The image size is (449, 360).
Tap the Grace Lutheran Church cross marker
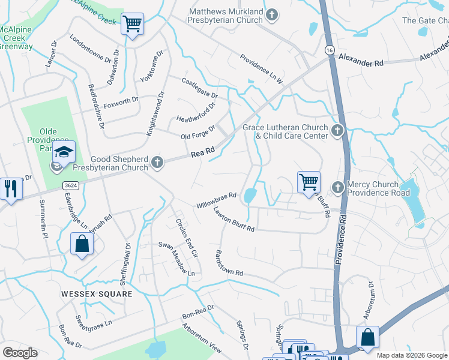click(337, 130)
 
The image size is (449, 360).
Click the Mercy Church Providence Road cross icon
click(337, 188)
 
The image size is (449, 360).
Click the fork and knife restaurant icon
click(10, 188)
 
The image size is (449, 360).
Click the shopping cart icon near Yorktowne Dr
click(132, 25)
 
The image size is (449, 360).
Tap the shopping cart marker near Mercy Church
click(309, 181)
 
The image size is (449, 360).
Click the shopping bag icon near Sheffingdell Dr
click(82, 244)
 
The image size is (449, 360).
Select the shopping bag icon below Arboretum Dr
click(367, 337)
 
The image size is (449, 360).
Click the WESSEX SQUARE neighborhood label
click(96, 294)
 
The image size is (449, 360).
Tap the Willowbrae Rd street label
click(217, 200)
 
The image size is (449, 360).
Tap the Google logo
click(20, 353)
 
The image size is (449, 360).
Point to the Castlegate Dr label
click(200, 86)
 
